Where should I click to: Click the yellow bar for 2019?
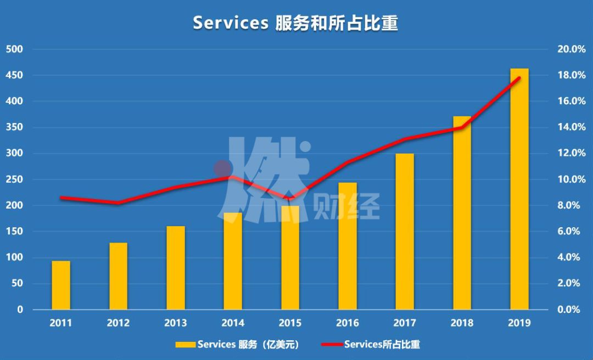tap(519, 189)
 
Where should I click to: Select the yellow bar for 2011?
tap(61, 285)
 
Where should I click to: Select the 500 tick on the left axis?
tap(14, 49)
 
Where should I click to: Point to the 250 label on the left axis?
tap(14, 179)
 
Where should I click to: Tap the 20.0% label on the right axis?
tap(571, 49)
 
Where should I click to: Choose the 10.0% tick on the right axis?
tap(571, 179)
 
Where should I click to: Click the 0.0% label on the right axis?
tap(571, 310)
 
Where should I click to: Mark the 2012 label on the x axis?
tap(118, 323)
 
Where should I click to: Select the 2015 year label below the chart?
tap(290, 323)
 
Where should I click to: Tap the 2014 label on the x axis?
tap(233, 323)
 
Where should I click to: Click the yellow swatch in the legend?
tap(184, 345)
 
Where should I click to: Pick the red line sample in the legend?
tap(331, 345)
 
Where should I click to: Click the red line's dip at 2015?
tap(290, 198)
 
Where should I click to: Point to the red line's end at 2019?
tap(519, 78)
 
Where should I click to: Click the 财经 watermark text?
tap(346, 209)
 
